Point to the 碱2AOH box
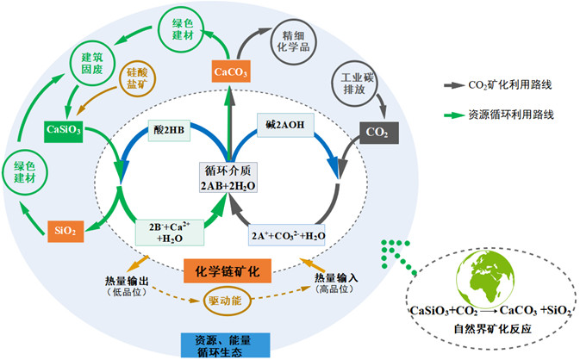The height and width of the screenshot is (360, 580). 285,126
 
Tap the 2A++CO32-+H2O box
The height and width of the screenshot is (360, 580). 287,235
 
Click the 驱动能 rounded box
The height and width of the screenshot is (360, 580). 229,302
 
